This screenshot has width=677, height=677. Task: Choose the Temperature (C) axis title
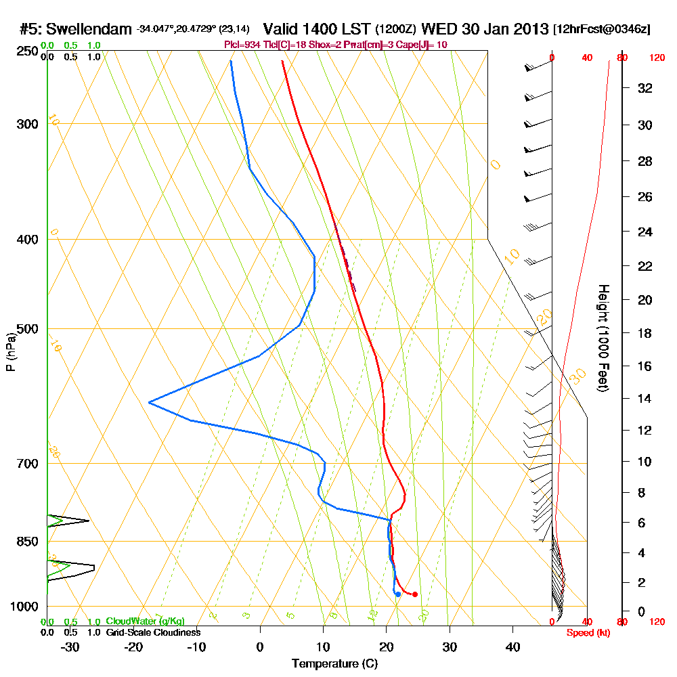tap(334, 663)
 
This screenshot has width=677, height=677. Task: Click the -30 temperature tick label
tap(70, 647)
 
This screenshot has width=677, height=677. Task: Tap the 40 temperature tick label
tap(513, 647)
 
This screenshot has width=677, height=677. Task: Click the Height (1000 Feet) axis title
tap(603, 337)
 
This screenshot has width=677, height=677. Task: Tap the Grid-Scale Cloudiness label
tap(153, 632)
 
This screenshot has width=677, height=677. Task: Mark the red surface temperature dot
tap(414, 594)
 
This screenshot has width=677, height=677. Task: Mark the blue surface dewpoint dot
tap(398, 594)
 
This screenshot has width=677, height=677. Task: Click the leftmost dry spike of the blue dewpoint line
tap(149, 403)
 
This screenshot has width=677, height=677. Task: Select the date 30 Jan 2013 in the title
tap(505, 29)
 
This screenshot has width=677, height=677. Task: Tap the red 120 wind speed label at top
tap(657, 58)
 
